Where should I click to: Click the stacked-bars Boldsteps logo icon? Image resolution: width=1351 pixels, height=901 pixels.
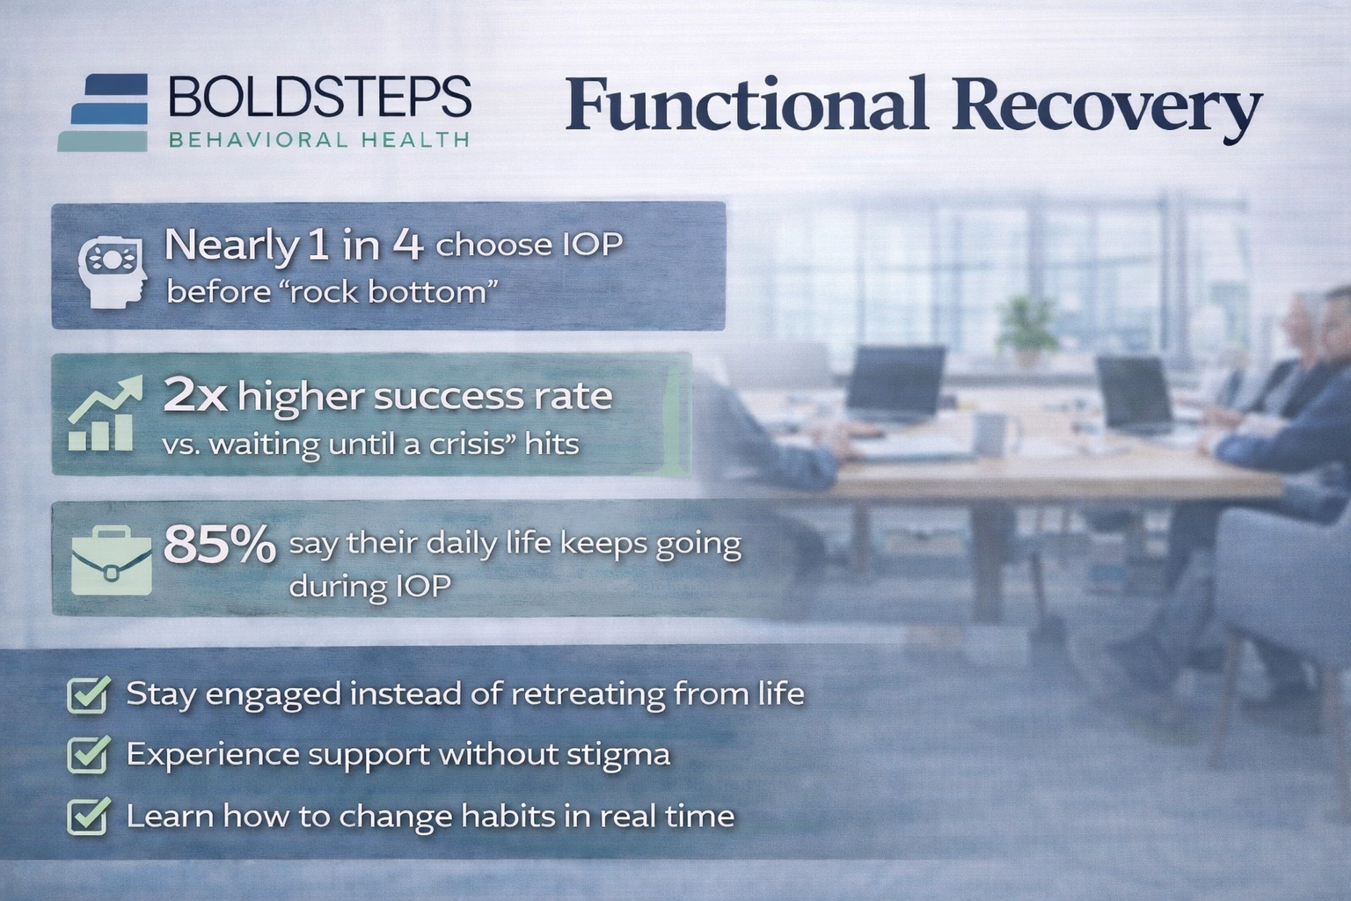pyautogui.click(x=104, y=112)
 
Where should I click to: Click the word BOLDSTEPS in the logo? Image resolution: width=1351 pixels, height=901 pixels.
pyautogui.click(x=319, y=96)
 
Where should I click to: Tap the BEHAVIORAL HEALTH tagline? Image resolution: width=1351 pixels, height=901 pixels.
pyautogui.click(x=318, y=139)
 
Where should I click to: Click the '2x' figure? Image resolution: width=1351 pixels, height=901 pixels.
pyautogui.click(x=195, y=397)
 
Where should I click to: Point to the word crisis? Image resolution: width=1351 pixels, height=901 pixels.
pyautogui.click(x=469, y=443)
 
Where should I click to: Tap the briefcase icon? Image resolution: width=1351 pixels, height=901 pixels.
pyautogui.click(x=111, y=560)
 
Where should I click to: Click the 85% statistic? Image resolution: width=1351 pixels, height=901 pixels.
pyautogui.click(x=220, y=546)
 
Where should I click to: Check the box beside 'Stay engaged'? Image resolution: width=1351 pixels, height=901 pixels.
pyautogui.click(x=89, y=694)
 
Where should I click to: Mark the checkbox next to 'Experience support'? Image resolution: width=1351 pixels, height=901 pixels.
pyautogui.click(x=89, y=754)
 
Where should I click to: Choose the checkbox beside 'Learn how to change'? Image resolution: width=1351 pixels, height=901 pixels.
pyautogui.click(x=89, y=816)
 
